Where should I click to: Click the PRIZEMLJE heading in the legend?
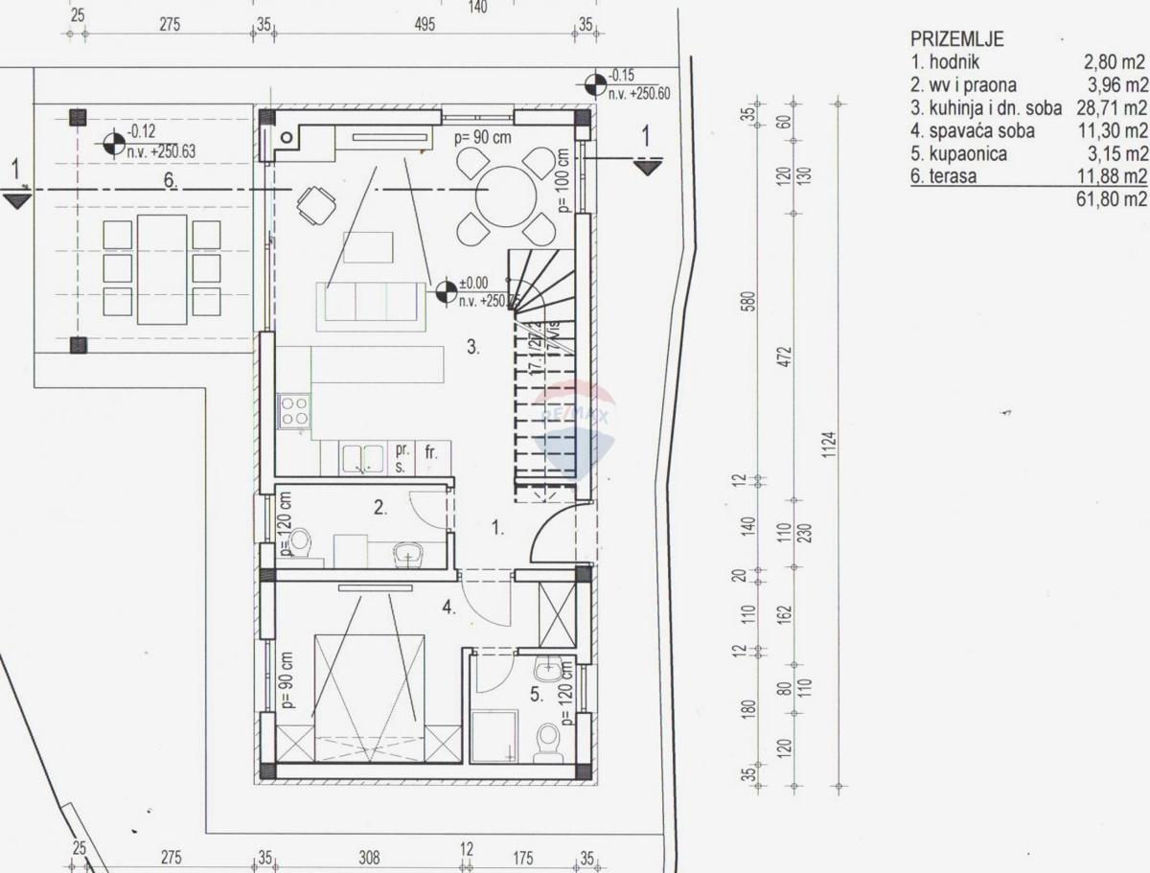pyautogui.click(x=956, y=39)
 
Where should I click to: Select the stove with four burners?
pyautogui.click(x=294, y=411)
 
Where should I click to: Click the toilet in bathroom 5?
pyautogui.click(x=548, y=742)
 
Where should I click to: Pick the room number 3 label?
pyautogui.click(x=473, y=348)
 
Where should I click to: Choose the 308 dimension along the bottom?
pyautogui.click(x=369, y=858)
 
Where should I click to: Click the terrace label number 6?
pyautogui.click(x=170, y=182)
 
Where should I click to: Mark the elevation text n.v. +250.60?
pyautogui.click(x=638, y=94)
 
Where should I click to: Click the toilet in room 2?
pyautogui.click(x=300, y=542)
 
